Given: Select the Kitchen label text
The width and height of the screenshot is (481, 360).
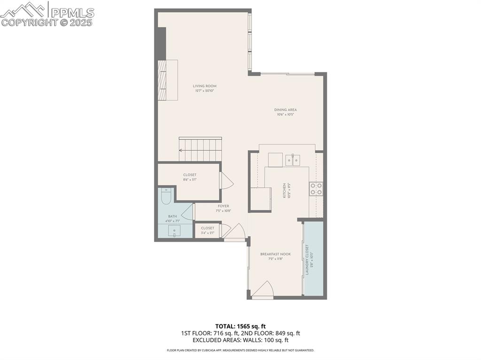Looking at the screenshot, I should pyautogui.click(x=284, y=190).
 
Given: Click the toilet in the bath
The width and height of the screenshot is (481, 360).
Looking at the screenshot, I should pyautogui.click(x=165, y=197).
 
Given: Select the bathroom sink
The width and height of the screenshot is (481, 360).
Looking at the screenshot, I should pyautogui.click(x=174, y=230).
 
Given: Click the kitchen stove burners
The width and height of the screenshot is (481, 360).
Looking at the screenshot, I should pyautogui.click(x=316, y=189).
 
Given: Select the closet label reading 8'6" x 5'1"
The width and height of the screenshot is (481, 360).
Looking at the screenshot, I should pyautogui.click(x=190, y=177).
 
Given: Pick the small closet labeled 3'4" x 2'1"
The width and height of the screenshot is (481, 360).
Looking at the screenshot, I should pyautogui.click(x=208, y=230).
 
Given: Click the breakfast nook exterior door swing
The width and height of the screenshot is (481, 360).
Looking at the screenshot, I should pyautogui.click(x=263, y=290).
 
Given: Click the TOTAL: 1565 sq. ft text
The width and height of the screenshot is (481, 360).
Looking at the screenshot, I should pyautogui.click(x=240, y=326).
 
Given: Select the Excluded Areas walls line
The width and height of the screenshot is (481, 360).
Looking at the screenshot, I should pyautogui.click(x=240, y=340).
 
